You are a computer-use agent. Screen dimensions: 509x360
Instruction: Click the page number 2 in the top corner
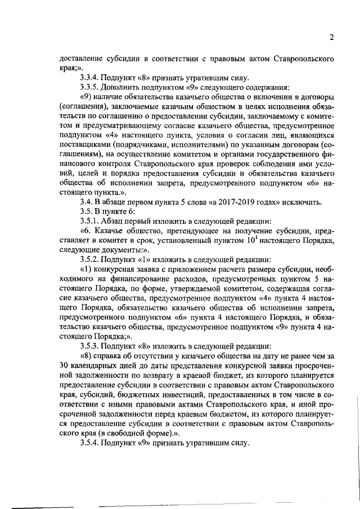pyautogui.click(x=332, y=37)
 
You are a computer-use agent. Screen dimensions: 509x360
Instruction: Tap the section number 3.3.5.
pyautogui.click(x=91, y=88)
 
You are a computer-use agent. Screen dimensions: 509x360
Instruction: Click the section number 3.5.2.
pyautogui.click(x=91, y=260)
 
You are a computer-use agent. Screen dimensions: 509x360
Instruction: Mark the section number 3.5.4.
pyautogui.click(x=91, y=443)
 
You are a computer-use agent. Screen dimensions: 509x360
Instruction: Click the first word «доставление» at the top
pyautogui.click(x=83, y=58)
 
